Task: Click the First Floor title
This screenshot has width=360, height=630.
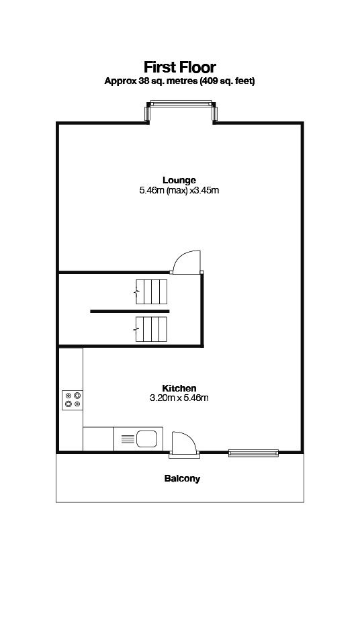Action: (179, 67)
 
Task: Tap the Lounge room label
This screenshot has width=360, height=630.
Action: (179, 179)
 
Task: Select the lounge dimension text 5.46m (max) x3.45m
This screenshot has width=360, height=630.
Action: (179, 190)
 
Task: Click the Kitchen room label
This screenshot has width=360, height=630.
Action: (179, 388)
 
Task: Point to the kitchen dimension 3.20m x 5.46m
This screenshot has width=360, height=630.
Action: (179, 398)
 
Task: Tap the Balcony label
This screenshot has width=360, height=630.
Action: (182, 478)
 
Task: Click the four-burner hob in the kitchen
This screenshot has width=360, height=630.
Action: (73, 400)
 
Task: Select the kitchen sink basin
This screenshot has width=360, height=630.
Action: (146, 439)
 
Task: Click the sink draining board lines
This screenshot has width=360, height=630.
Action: (128, 439)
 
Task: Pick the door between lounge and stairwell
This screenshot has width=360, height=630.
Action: (186, 263)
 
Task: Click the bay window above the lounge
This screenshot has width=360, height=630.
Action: (181, 111)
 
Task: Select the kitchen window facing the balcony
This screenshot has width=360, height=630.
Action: (253, 453)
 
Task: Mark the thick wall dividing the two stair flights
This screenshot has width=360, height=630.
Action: (130, 311)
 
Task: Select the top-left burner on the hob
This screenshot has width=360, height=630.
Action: (68, 396)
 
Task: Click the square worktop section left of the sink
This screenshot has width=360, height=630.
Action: (99, 439)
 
